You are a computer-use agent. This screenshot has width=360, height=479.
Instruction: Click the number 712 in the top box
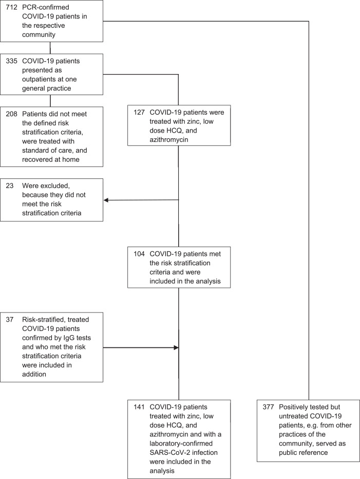click(x=12, y=7)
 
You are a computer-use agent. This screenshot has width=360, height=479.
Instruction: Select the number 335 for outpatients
click(x=12, y=61)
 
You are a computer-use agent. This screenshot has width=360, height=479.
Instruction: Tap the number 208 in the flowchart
click(x=12, y=114)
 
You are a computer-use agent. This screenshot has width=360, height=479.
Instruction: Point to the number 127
click(x=139, y=112)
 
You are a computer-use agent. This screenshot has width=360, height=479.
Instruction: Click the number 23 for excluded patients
click(x=10, y=186)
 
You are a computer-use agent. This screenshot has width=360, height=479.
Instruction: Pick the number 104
click(x=139, y=254)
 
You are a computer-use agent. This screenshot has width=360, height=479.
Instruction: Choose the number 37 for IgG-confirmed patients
click(x=10, y=320)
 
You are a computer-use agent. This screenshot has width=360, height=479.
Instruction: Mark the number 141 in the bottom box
click(x=139, y=407)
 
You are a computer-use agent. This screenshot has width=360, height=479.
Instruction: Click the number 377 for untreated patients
click(x=269, y=407)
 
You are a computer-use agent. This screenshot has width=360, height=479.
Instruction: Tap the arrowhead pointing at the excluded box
click(x=106, y=200)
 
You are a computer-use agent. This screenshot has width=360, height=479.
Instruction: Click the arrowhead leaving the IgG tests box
click(x=176, y=347)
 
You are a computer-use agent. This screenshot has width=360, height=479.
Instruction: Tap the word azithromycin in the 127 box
click(x=169, y=140)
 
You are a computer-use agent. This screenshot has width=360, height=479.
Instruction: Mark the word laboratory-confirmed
click(x=181, y=444)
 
